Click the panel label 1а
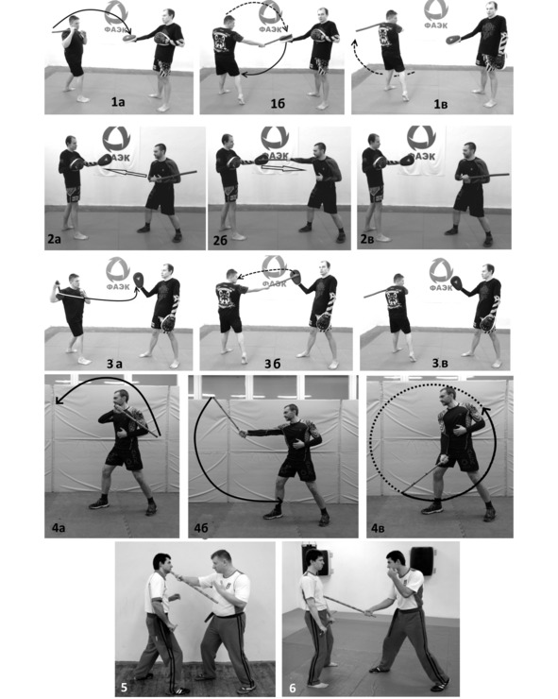(x=118, y=103)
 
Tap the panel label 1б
(x=278, y=103)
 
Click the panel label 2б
(x=220, y=240)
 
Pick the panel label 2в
(x=368, y=239)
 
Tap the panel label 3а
(x=115, y=364)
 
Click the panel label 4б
(x=201, y=529)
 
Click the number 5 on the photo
(x=124, y=688)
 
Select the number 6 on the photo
(x=293, y=689)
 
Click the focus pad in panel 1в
(x=453, y=40)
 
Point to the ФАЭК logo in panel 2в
(x=422, y=143)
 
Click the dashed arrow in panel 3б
(x=264, y=271)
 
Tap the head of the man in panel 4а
(x=120, y=399)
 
